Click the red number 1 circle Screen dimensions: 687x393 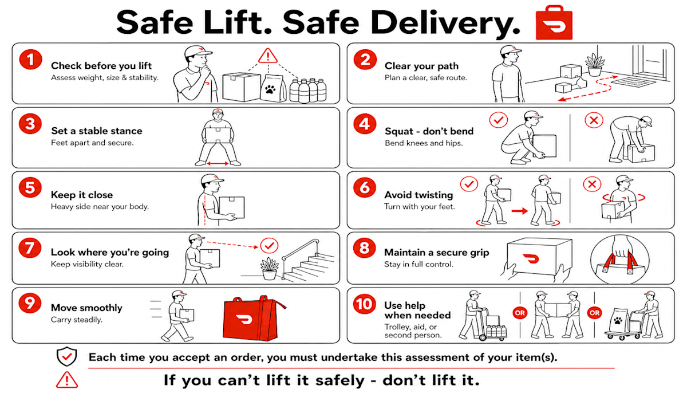point(30,60)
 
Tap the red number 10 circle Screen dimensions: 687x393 point(364,304)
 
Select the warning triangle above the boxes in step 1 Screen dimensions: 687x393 point(268,56)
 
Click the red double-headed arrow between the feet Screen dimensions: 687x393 point(218,163)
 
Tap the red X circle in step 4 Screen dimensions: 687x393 point(594,120)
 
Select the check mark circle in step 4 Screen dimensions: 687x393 point(499,120)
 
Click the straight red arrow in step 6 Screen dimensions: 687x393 point(520,211)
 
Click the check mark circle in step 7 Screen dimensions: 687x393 point(269,245)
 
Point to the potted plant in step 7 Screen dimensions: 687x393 point(269,269)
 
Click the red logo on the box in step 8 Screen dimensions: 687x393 point(531,258)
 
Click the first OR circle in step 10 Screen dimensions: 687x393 point(520,313)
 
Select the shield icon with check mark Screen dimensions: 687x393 point(67,356)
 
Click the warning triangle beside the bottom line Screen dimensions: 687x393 point(67,380)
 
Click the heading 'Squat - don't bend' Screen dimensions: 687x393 point(429,131)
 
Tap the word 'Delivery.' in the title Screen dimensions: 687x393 point(445,23)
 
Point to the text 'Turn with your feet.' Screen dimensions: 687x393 point(420,207)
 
